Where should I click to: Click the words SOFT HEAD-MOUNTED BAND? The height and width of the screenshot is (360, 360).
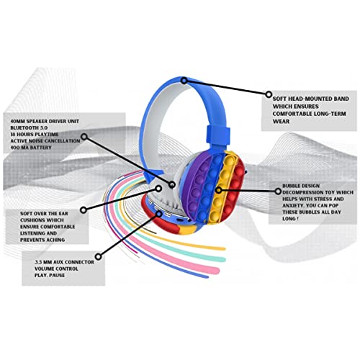coord(304,95)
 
